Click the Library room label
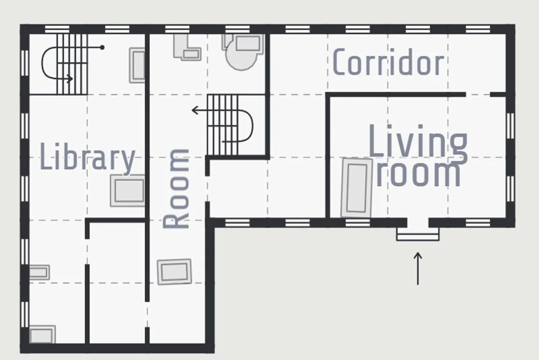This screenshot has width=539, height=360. [88, 157]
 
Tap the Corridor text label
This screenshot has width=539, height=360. [389, 62]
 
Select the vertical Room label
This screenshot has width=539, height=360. [176, 189]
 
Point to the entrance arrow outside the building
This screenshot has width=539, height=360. [418, 268]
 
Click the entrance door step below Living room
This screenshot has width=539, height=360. [418, 234]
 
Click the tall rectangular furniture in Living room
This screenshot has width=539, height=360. [357, 188]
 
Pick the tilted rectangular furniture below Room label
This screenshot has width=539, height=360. [174, 272]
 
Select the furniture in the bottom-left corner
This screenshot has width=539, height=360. [43, 334]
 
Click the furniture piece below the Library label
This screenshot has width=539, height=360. [128, 191]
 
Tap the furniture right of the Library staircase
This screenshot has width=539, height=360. [137, 65]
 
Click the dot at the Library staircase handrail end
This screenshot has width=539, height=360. [102, 48]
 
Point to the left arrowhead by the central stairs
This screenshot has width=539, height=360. [195, 110]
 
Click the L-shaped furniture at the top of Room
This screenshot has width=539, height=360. [187, 47]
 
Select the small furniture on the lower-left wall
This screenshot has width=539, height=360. [39, 272]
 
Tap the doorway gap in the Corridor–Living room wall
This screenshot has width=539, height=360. [478, 94]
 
